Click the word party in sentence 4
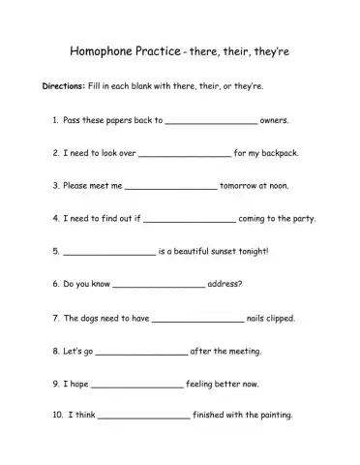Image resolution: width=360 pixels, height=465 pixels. pos(301,219)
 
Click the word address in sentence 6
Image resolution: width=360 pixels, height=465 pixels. pos(225,284)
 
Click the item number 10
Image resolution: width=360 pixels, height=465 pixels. pos(54,416)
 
